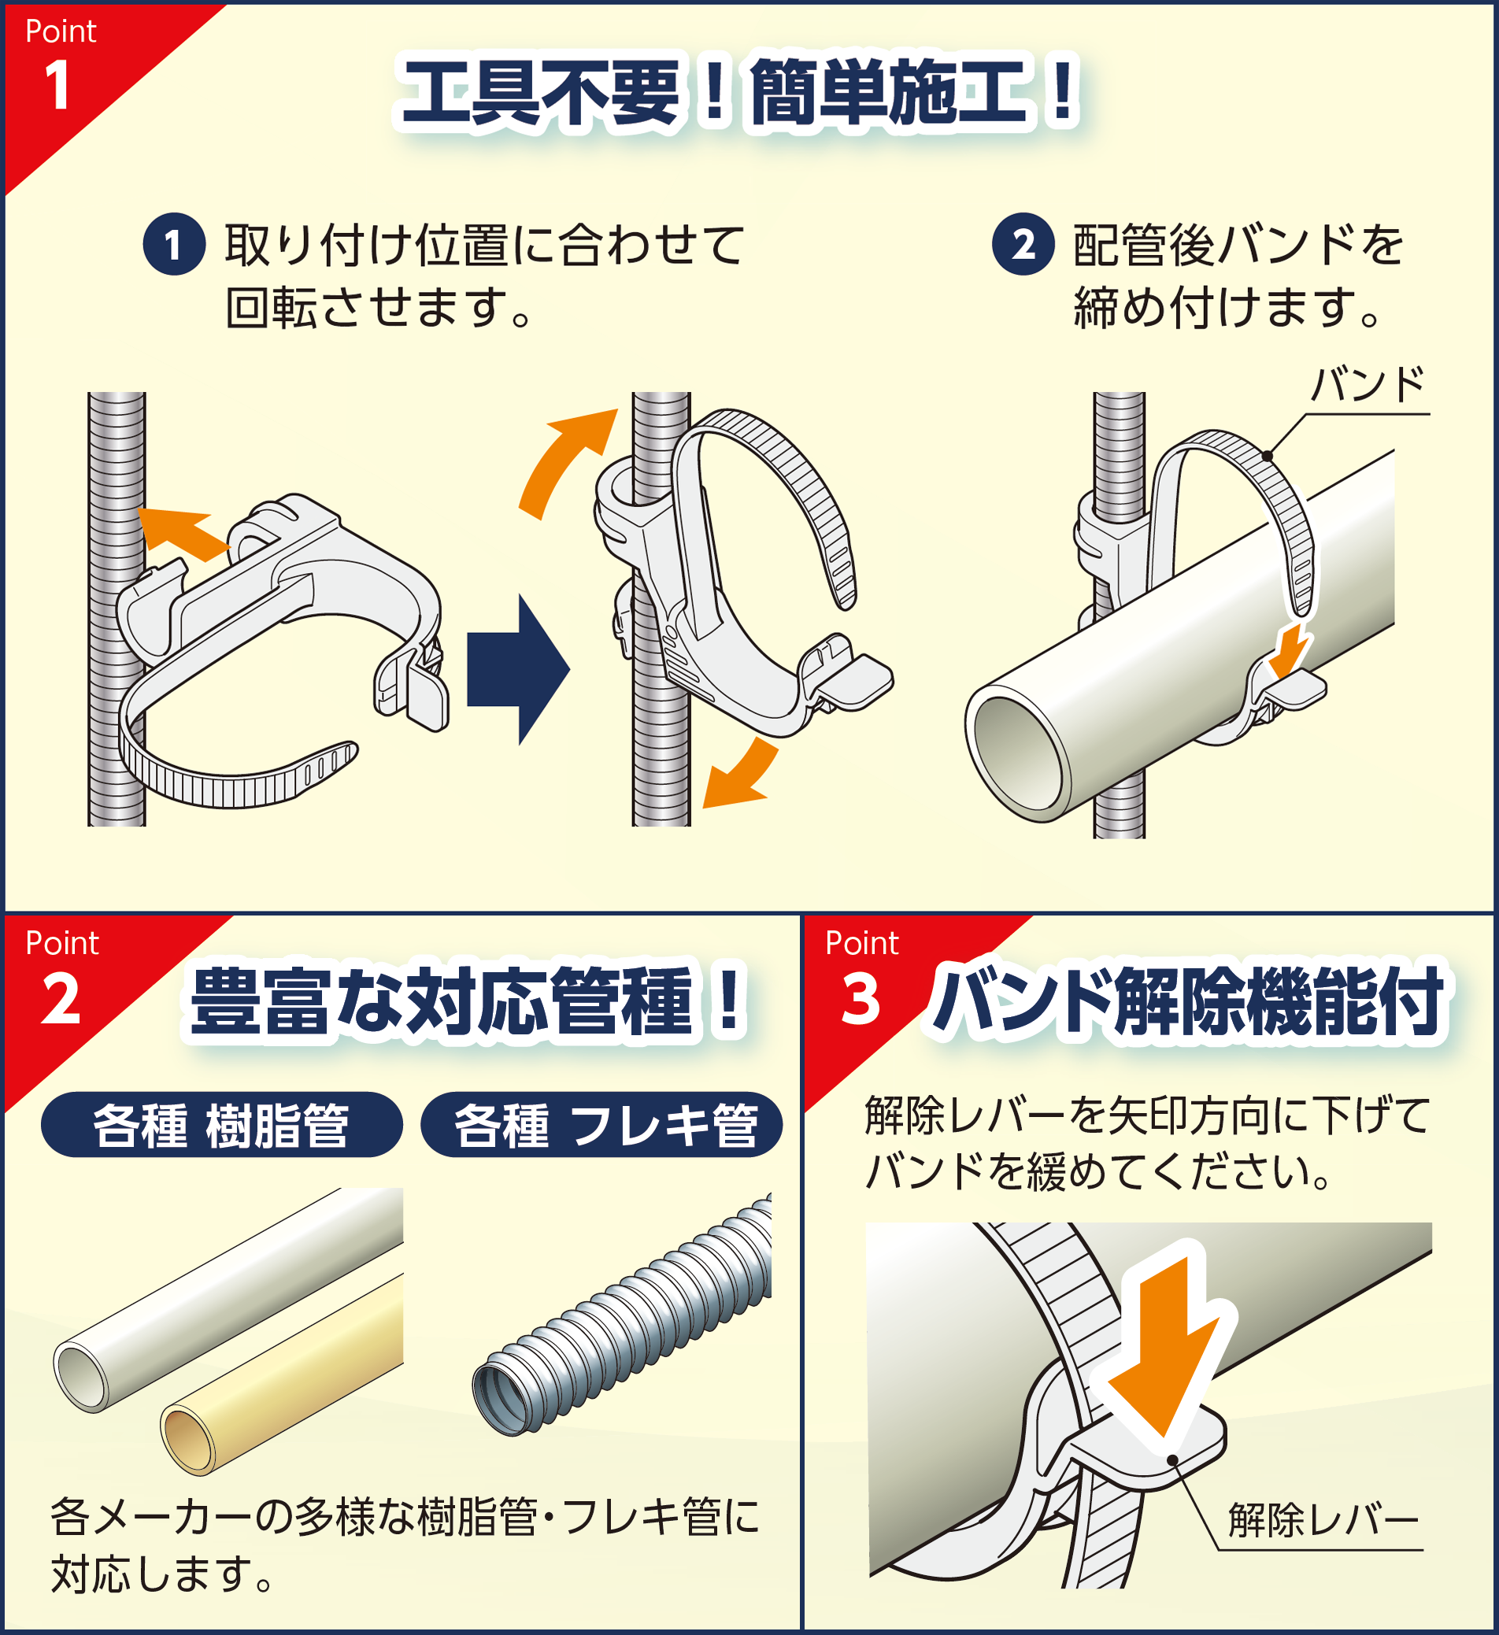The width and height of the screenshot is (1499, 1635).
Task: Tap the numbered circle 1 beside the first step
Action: pos(173,244)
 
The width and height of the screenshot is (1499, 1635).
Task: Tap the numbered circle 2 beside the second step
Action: pos(1023,244)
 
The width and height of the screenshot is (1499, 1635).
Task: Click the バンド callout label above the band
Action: pos(1368,383)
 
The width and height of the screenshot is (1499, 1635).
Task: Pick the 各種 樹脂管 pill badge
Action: pos(221,1125)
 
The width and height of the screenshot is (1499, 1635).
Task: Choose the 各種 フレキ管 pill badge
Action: pos(601,1125)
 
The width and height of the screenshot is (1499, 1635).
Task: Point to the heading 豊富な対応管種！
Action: pos(466,1001)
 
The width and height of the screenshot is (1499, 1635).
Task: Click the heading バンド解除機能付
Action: pos(1188,1001)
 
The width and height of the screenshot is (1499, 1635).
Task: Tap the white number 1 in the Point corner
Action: pos(57,85)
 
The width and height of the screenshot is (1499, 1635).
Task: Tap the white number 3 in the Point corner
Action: pos(860,999)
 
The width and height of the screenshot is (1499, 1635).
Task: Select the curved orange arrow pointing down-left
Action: pos(738,779)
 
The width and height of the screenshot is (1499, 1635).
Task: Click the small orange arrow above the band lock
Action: pos(1290,649)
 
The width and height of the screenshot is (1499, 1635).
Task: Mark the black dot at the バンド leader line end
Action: pos(1267,457)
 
